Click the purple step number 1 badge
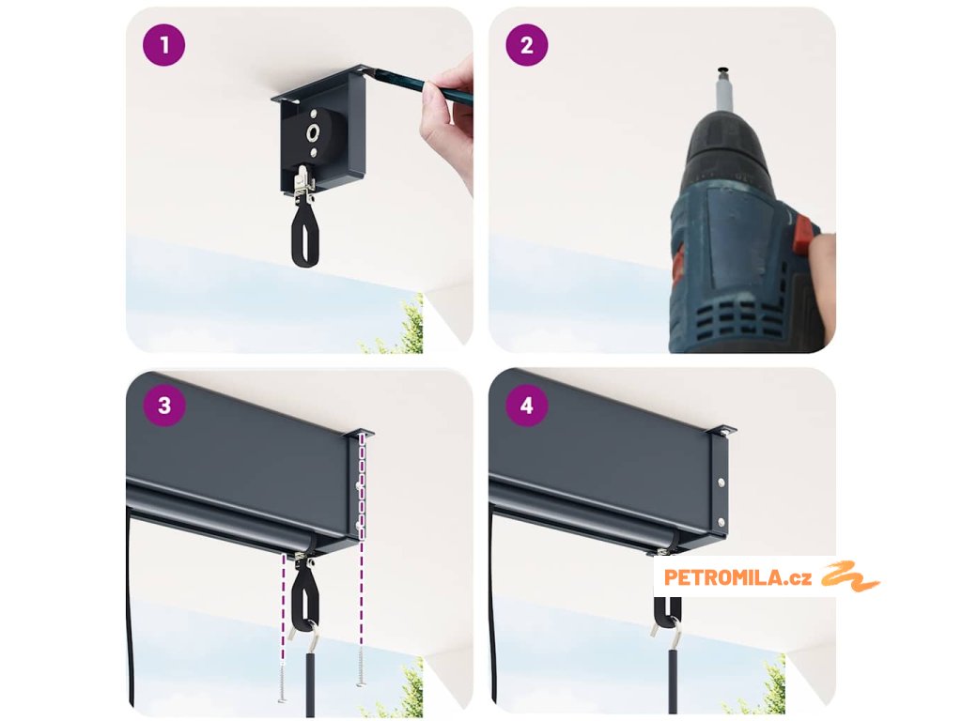pyautogui.click(x=163, y=45)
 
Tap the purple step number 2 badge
pyautogui.click(x=526, y=45)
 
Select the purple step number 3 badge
pyautogui.click(x=163, y=406)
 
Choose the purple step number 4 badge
pyautogui.click(x=526, y=406)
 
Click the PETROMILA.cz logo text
pyautogui.click(x=737, y=577)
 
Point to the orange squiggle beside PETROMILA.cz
pyautogui.click(x=849, y=576)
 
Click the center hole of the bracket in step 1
pyautogui.click(x=312, y=131)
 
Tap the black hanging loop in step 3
pyautogui.click(x=305, y=599)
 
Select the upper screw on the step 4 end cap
pyautogui.click(x=721, y=483)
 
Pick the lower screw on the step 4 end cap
pyautogui.click(x=721, y=522)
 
